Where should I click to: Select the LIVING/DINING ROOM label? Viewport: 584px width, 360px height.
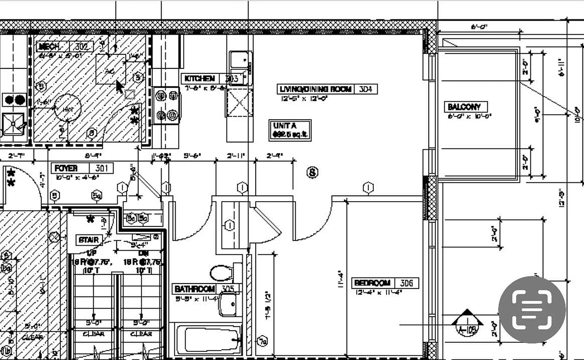pos(315,89)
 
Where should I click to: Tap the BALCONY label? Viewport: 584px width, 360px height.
pos(464,107)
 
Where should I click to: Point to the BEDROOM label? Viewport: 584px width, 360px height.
pos(372,283)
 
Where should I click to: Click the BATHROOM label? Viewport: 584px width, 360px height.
pos(195,288)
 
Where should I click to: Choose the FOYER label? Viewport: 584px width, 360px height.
pos(66,168)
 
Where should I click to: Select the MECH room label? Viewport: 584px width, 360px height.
pos(50,46)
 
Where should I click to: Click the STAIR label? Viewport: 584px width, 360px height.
pos(88,240)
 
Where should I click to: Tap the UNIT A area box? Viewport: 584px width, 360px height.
pos(290,130)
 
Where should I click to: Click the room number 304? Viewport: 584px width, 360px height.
pos(366,89)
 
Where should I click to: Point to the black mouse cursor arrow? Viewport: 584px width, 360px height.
pos(119,86)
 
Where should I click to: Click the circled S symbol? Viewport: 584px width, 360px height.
pos(312,172)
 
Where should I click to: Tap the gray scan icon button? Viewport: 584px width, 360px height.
pos(532,310)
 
